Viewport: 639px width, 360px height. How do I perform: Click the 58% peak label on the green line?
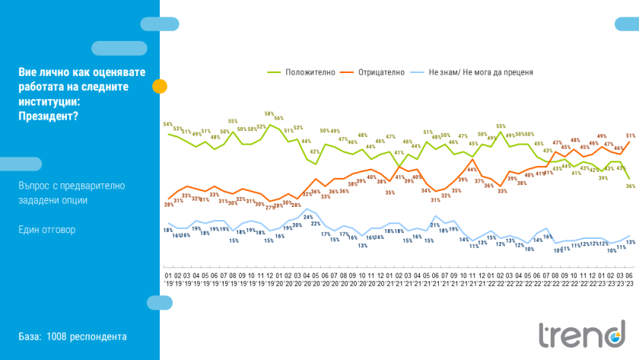coord(269,113)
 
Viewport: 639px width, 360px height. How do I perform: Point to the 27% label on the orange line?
coord(269,207)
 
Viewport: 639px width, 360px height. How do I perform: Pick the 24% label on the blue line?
coord(307,217)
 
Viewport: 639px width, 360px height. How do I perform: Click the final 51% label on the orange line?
coord(631,136)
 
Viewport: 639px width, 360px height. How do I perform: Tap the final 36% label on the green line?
coord(631,186)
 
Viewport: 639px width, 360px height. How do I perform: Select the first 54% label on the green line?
coord(168,123)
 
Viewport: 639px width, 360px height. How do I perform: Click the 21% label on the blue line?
coord(435,225)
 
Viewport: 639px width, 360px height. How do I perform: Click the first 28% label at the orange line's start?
coord(168,204)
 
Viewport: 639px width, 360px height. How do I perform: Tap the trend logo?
coord(581,335)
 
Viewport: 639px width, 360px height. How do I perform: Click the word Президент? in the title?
coord(48,115)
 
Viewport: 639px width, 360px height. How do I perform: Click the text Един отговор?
coord(47,229)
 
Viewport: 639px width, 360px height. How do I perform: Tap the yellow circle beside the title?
coord(160,86)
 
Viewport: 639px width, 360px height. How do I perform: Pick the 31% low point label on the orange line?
coord(435,200)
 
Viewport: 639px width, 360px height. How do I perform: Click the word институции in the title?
coord(50,100)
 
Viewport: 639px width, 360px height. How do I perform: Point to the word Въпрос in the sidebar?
coord(35,186)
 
